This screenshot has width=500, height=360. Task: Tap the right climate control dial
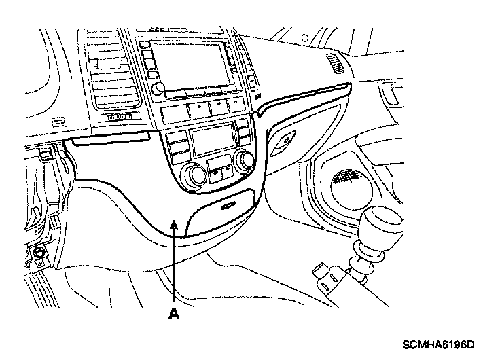coord(244,160)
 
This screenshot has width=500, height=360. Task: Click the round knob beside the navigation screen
coord(158,88)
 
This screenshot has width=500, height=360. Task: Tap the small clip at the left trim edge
coord(46,156)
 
